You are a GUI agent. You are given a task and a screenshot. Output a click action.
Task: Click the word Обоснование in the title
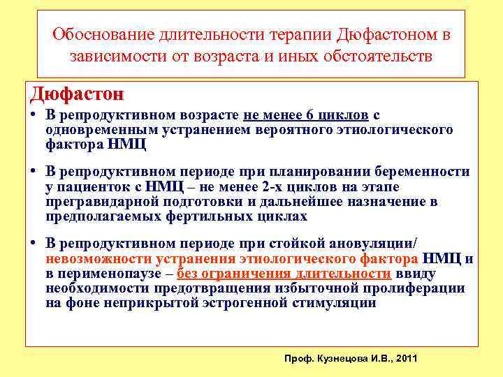[x=98, y=34]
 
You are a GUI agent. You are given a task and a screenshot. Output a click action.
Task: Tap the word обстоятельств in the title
[x=379, y=56]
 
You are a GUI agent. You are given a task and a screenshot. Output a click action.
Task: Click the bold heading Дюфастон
[x=77, y=94]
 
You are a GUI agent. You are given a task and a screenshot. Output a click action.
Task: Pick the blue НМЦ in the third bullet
[x=443, y=259]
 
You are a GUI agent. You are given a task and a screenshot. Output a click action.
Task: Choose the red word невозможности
[x=93, y=259]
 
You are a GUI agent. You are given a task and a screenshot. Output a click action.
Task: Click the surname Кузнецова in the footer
[x=340, y=357]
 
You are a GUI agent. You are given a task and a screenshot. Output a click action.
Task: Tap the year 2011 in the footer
[x=406, y=357]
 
